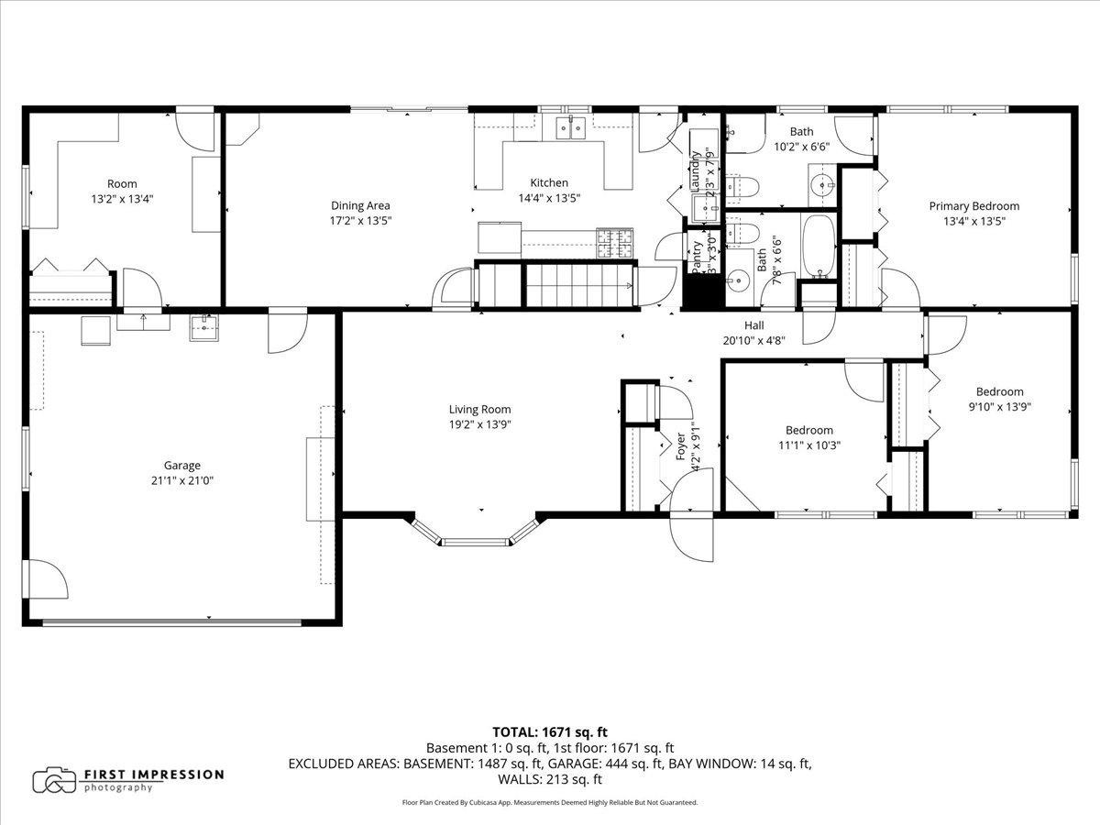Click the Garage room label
tap(182, 465)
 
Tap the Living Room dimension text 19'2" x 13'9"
tap(479, 424)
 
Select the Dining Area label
tap(360, 205)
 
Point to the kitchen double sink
tap(572, 128)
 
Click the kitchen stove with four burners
tap(615, 242)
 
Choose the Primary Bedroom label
tap(973, 206)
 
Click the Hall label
tap(753, 324)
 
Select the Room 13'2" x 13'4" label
tap(122, 184)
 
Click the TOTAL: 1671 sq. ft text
tap(550, 731)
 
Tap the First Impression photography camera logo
tap(54, 780)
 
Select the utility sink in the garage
tap(204, 327)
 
